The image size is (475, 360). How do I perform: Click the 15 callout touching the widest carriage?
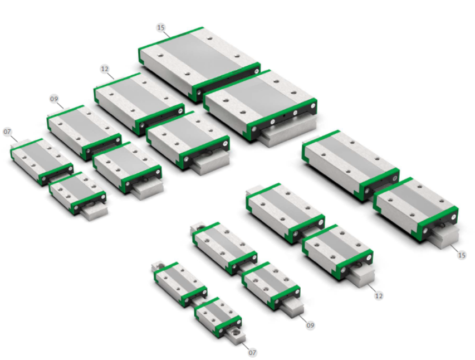(x=160, y=28)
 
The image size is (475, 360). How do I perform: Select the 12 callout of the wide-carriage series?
(x=105, y=69)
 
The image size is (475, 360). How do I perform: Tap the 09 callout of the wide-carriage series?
(x=54, y=99)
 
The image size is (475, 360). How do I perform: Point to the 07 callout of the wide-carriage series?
(x=7, y=132)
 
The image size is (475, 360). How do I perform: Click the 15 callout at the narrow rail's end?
(x=462, y=255)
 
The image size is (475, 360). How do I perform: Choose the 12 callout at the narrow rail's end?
(x=379, y=295)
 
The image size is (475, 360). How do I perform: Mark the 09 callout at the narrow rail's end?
(x=310, y=325)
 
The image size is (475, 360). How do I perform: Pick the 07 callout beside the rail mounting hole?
(x=252, y=352)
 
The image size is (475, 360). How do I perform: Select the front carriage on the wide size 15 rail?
(x=260, y=105)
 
